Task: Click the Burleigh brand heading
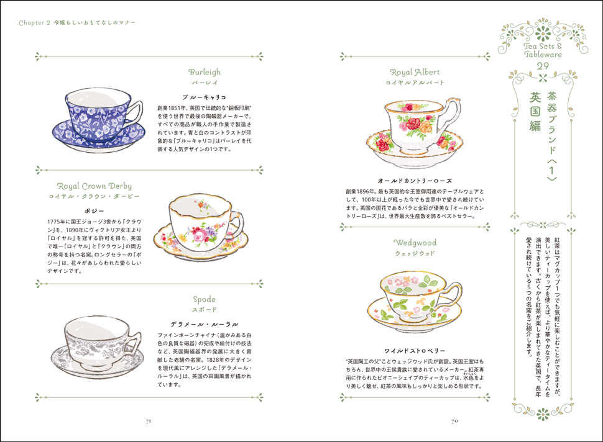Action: point(204,72)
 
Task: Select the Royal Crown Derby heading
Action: point(94,186)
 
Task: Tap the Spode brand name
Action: point(204,300)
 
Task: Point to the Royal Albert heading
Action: point(415,72)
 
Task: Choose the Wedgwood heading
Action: point(415,243)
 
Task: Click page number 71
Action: point(149,422)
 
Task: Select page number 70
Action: point(454,422)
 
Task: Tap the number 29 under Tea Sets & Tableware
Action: point(543,66)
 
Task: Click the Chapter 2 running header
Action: point(77,22)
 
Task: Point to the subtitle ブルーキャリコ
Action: point(204,97)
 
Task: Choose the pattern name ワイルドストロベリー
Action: point(415,351)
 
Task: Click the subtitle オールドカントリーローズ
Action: point(415,181)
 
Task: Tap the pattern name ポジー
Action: point(94,211)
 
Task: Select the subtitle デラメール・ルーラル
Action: point(204,325)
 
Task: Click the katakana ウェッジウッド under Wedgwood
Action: point(415,253)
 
